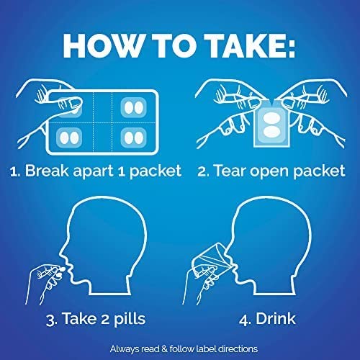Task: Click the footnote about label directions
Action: coord(180,348)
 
